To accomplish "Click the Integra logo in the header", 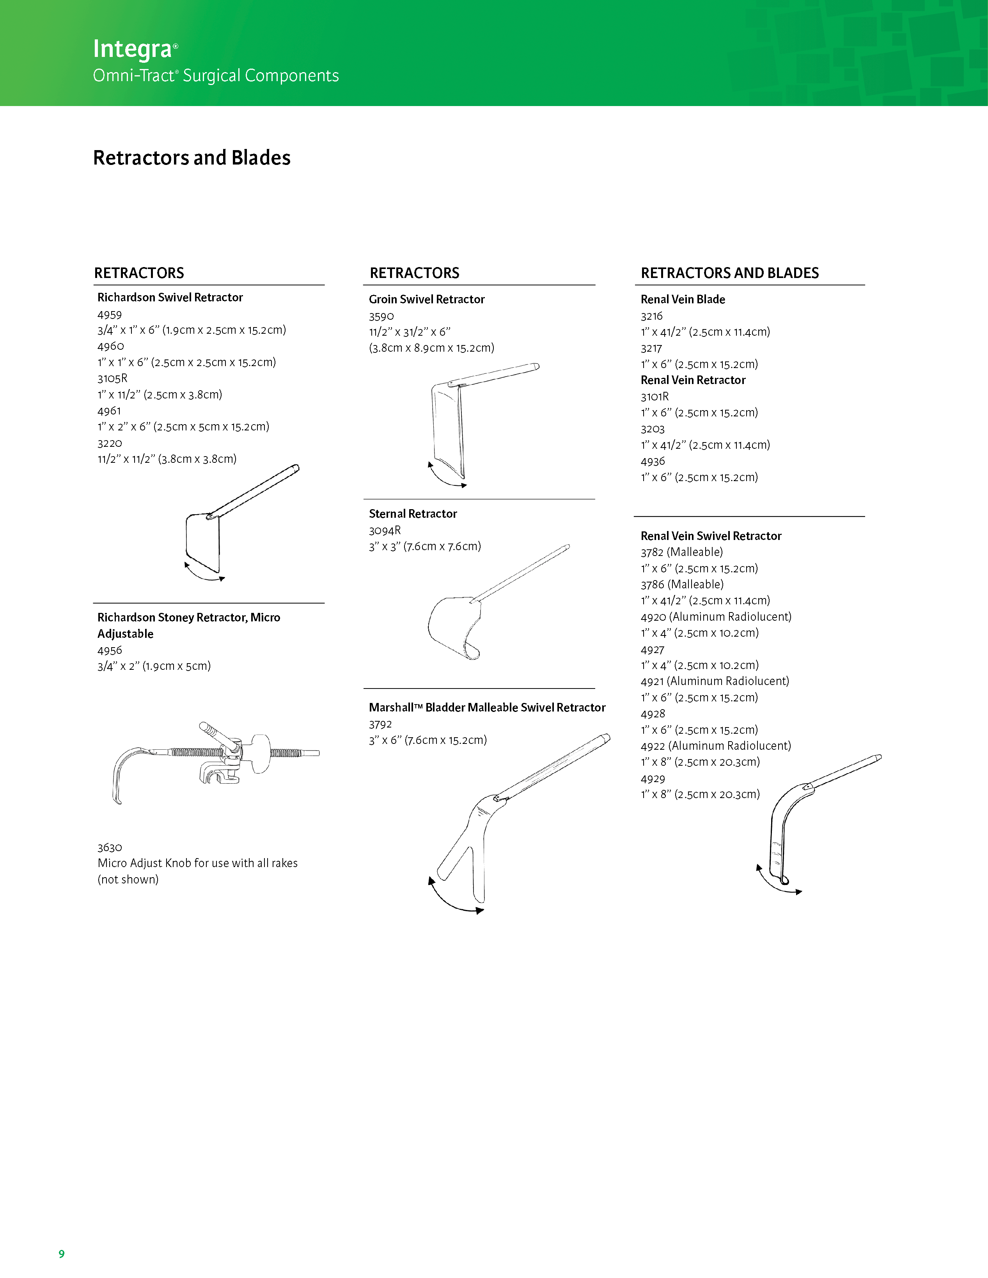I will [x=133, y=49].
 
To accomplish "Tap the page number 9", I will [x=62, y=1253].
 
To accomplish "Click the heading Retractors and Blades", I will [x=192, y=158].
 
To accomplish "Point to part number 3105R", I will [x=112, y=379].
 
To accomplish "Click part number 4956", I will [x=110, y=650].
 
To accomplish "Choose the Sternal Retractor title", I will [x=413, y=514].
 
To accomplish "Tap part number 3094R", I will [x=385, y=530].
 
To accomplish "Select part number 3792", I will [x=380, y=724].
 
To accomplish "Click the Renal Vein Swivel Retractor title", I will [x=711, y=536].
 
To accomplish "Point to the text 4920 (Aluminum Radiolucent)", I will [x=716, y=617].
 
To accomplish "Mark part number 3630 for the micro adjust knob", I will [x=110, y=847].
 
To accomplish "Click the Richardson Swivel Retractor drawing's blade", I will [x=202, y=541].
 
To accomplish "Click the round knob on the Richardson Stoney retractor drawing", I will [x=261, y=753].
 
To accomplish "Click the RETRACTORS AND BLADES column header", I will [x=729, y=273].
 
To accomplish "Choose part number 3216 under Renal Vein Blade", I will [x=651, y=316].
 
